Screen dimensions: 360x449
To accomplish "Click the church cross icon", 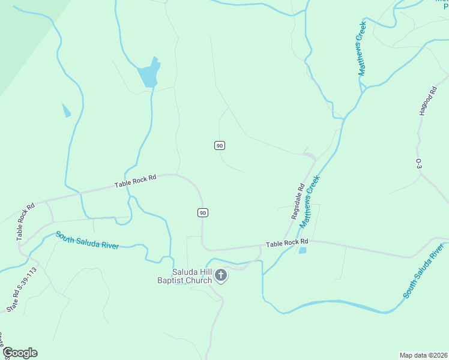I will [x=221, y=275].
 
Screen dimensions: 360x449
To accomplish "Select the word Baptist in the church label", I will [x=170, y=280].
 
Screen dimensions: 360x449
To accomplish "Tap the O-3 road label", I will [x=419, y=163].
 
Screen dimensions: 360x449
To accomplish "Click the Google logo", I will [x=20, y=353].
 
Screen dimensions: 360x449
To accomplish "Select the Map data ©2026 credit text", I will [x=423, y=355].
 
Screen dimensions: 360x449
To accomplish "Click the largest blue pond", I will [x=148, y=75].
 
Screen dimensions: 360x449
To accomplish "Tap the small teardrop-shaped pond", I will [x=65, y=110].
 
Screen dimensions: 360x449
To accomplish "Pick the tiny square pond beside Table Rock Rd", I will [x=303, y=250].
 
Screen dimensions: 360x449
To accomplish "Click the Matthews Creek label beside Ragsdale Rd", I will [x=310, y=202].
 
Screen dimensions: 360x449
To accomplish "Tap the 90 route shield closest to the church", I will [x=203, y=212].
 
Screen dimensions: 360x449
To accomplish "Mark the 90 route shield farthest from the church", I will [x=220, y=145].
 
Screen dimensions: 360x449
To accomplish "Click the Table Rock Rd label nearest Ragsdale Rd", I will [x=287, y=244].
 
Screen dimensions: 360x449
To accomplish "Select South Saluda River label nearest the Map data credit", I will [x=423, y=271].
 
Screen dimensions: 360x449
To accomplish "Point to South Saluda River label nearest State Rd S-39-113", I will [x=87, y=241].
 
